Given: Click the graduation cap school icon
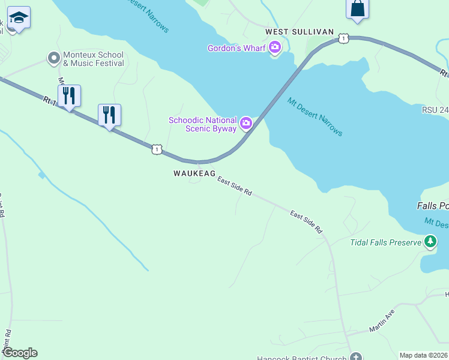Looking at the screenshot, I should coord(19,19).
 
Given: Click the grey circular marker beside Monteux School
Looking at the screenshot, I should coord(53,59).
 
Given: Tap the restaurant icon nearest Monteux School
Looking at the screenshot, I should coord(69,95).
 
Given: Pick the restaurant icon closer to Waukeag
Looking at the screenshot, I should coord(109,115).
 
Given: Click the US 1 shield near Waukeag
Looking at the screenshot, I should coord(156,149).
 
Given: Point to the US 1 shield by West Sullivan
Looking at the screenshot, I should coord(342,38).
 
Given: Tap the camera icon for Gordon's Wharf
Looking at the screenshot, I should coord(275,47).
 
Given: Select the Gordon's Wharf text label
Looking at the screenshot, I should coord(237,48).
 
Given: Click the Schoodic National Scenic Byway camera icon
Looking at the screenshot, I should coord(246,124).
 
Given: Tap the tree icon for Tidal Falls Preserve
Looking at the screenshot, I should coord(430,242).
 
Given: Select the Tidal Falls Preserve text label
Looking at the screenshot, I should coord(385,242).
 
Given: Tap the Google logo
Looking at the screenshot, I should coord(20,353).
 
